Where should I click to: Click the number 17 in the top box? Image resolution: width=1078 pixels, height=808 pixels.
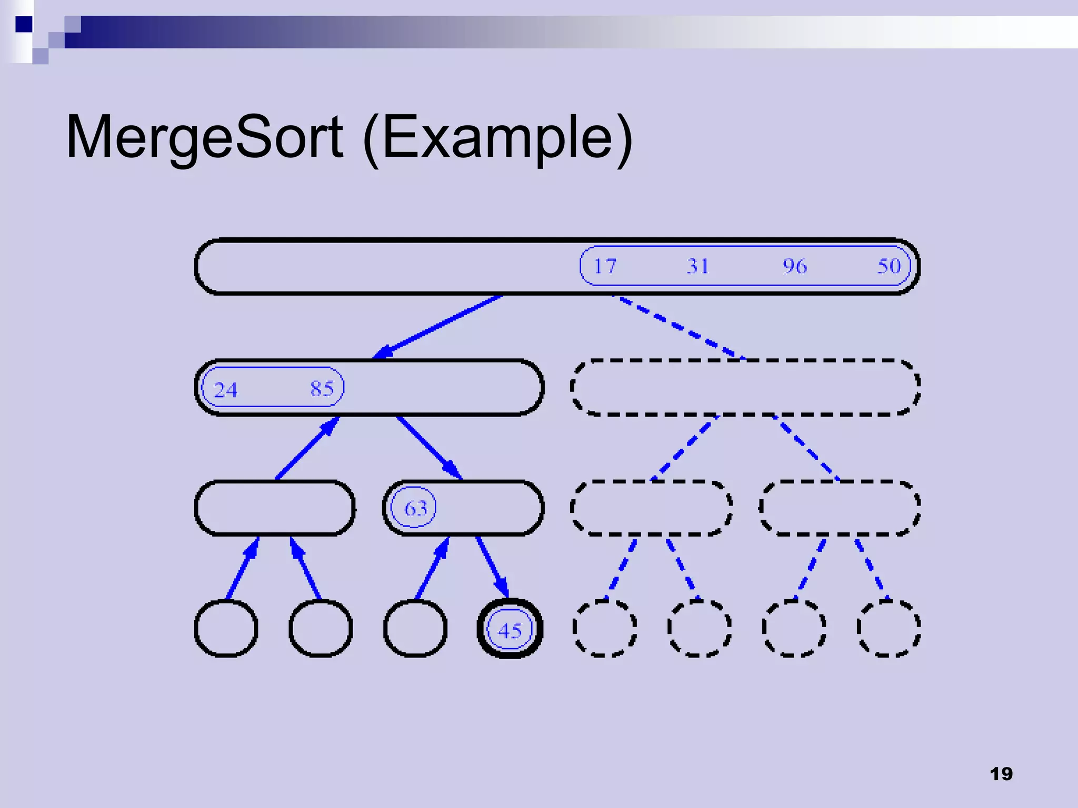[605, 266]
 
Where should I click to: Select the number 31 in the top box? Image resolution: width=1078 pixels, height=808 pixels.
[698, 266]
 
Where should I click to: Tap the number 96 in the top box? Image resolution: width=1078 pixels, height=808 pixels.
[794, 266]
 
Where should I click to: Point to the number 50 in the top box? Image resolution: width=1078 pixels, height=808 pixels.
[889, 266]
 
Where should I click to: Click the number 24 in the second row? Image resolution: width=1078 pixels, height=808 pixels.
[226, 390]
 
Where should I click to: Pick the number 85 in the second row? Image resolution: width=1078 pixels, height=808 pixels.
[322, 389]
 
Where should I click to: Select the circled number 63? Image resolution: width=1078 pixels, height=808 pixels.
[415, 508]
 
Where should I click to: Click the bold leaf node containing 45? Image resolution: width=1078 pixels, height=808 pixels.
[510, 629]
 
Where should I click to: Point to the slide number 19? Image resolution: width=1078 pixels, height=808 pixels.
[1001, 774]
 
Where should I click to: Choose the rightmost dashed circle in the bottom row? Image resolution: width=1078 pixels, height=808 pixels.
[889, 629]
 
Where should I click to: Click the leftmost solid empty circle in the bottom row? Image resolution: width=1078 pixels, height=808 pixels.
[226, 629]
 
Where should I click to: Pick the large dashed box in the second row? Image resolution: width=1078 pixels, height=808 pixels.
[745, 388]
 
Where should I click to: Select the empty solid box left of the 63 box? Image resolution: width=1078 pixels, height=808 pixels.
[275, 508]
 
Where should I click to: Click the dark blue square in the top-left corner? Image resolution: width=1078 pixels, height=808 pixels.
[24, 24]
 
